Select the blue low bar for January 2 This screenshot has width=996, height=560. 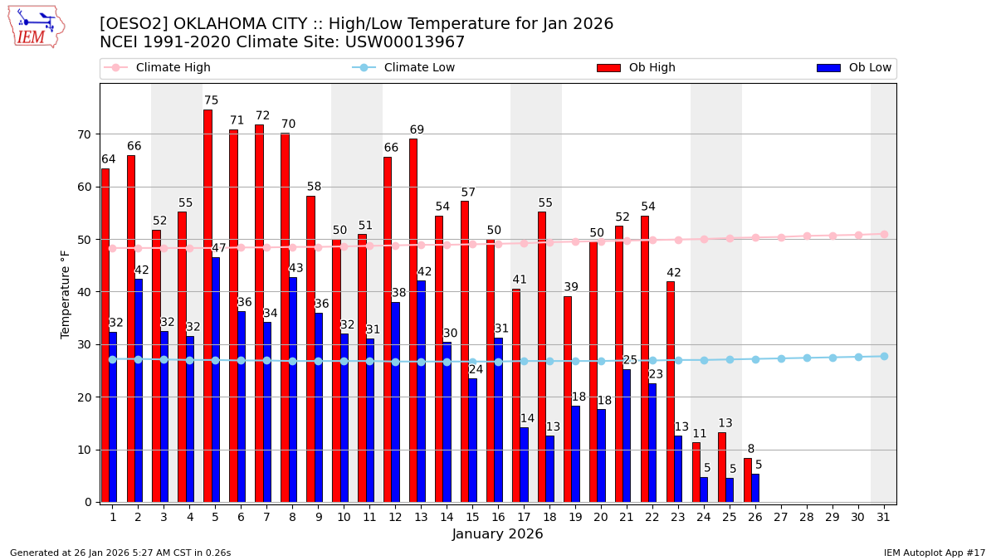click(x=139, y=390)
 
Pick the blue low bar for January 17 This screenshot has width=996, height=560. click(x=524, y=465)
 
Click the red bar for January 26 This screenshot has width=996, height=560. click(x=748, y=480)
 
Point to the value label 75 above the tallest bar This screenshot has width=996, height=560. click(x=212, y=100)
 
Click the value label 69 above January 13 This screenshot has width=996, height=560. click(x=417, y=129)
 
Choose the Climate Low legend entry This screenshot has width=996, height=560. click(x=404, y=68)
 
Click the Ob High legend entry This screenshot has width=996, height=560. click(x=636, y=68)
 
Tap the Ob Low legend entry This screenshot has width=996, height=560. click(x=854, y=68)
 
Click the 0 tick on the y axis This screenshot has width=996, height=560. click(x=87, y=502)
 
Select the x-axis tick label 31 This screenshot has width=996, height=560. click(x=883, y=517)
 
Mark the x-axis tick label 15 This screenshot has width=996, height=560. click(x=472, y=517)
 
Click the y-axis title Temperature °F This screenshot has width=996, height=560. click(x=66, y=294)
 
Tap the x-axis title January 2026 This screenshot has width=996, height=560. click(x=497, y=534)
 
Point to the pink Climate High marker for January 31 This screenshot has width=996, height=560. click(x=884, y=234)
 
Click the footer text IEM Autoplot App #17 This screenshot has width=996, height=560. click(x=935, y=553)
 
